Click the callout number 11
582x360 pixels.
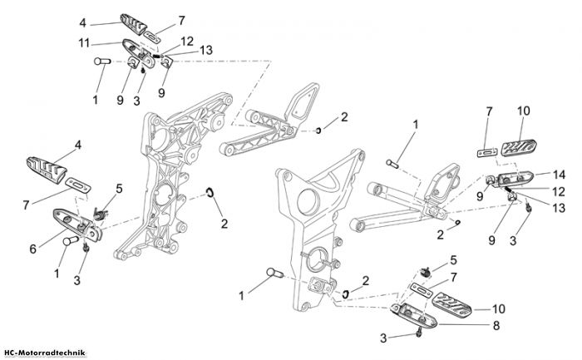(x=84, y=43)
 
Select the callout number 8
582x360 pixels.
(x=496, y=325)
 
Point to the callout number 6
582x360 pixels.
(x=33, y=249)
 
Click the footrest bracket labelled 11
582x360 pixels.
(x=139, y=53)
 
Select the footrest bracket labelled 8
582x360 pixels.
(x=415, y=315)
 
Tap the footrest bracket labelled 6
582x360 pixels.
(x=77, y=224)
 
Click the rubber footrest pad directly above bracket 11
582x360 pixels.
(x=133, y=24)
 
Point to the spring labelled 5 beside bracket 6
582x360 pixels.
(x=101, y=215)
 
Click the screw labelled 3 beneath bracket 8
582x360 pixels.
(x=419, y=333)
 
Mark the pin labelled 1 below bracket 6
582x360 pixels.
(x=71, y=241)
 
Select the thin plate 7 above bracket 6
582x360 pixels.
(x=78, y=185)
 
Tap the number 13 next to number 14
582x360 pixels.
(x=559, y=208)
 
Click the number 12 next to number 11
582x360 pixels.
(x=187, y=42)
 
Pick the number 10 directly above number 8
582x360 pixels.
(x=498, y=308)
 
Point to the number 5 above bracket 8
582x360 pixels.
(x=453, y=260)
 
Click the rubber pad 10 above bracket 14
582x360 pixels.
(x=519, y=148)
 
